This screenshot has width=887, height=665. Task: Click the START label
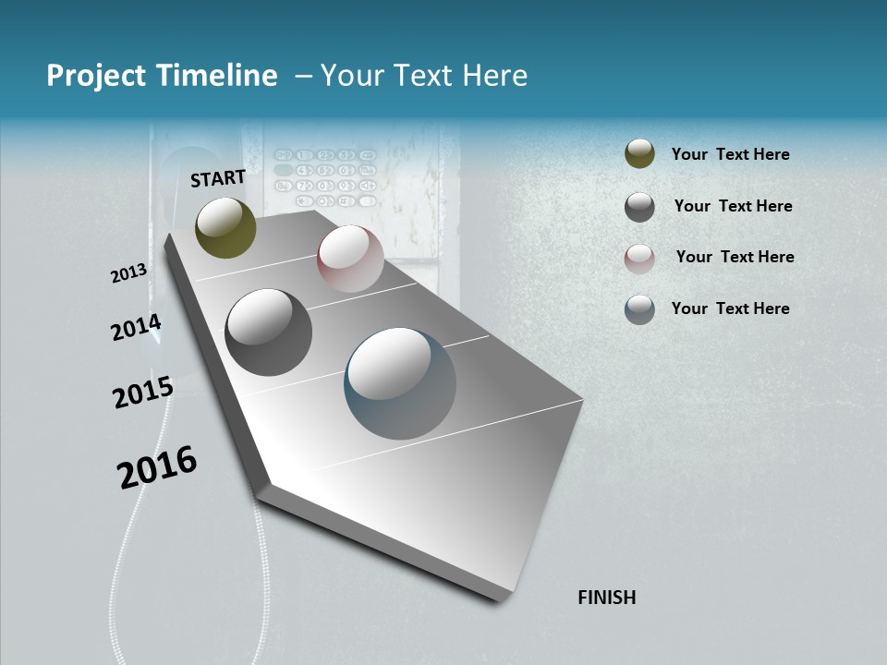pyautogui.click(x=218, y=178)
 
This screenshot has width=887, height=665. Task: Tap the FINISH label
pyautogui.click(x=607, y=598)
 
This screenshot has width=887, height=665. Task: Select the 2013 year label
pyautogui.click(x=129, y=272)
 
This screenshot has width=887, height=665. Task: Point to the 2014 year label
pyautogui.click(x=136, y=327)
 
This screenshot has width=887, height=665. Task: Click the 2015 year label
pyautogui.click(x=143, y=393)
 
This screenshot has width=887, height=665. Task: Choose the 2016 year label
pyautogui.click(x=157, y=466)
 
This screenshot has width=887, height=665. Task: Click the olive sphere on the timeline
pyautogui.click(x=226, y=227)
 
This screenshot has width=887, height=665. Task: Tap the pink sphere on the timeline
pyautogui.click(x=350, y=259)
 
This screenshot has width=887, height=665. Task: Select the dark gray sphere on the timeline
pyautogui.click(x=269, y=332)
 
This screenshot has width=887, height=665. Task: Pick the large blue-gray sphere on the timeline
pyautogui.click(x=400, y=383)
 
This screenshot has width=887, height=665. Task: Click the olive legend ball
pyautogui.click(x=639, y=154)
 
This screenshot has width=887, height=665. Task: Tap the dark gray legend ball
pyautogui.click(x=639, y=207)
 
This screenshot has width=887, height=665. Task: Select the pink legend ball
pyautogui.click(x=639, y=259)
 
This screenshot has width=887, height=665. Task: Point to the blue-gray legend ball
pyautogui.click(x=639, y=309)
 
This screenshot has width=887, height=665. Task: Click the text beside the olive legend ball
pyautogui.click(x=731, y=154)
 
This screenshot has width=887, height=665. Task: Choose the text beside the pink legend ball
pyautogui.click(x=735, y=257)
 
